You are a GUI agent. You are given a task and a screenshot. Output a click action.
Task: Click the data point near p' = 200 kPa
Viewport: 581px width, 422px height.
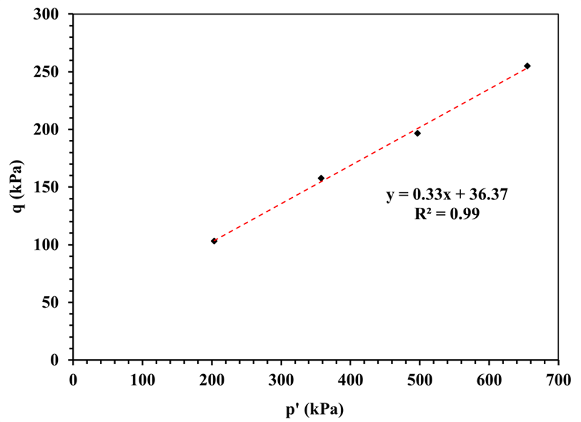click(214, 241)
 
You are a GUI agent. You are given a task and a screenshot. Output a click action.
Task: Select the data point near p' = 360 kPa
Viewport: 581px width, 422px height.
click(321, 178)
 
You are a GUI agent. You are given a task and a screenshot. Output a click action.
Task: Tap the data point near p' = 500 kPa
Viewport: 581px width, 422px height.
click(417, 133)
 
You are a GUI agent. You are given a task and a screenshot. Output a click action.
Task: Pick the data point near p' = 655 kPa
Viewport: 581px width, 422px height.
click(527, 66)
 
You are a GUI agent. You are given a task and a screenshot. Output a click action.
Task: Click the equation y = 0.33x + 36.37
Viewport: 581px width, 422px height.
click(447, 195)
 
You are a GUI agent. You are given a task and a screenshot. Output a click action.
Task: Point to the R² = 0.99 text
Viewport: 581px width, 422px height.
click(447, 214)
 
